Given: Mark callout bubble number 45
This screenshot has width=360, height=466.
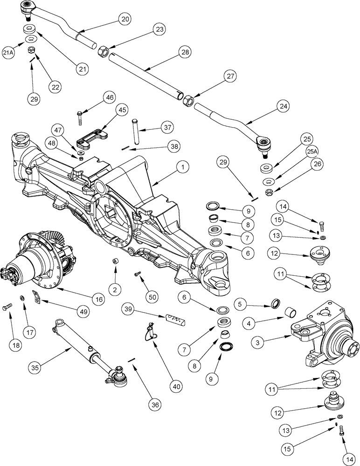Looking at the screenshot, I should click(x=122, y=110).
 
